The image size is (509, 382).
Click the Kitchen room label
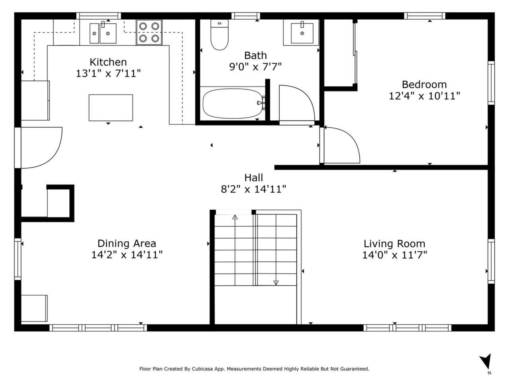pyautogui.click(x=108, y=62)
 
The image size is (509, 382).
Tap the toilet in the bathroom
pyautogui.click(x=220, y=35)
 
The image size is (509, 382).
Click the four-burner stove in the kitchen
pyautogui.click(x=149, y=32)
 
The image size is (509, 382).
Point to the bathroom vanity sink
pyautogui.click(x=302, y=33)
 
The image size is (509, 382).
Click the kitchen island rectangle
pyautogui.click(x=111, y=108)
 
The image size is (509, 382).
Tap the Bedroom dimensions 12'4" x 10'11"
pyautogui.click(x=424, y=96)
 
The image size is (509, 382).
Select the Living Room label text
pyautogui.click(x=394, y=244)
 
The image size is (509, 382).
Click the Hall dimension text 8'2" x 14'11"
pyautogui.click(x=253, y=189)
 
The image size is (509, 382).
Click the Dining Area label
pyautogui.click(x=127, y=243)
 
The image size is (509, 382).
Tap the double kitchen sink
pyautogui.click(x=103, y=33)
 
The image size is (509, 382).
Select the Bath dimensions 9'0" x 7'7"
pyautogui.click(x=255, y=67)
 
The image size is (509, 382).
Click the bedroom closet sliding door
pyautogui.click(x=355, y=53)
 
